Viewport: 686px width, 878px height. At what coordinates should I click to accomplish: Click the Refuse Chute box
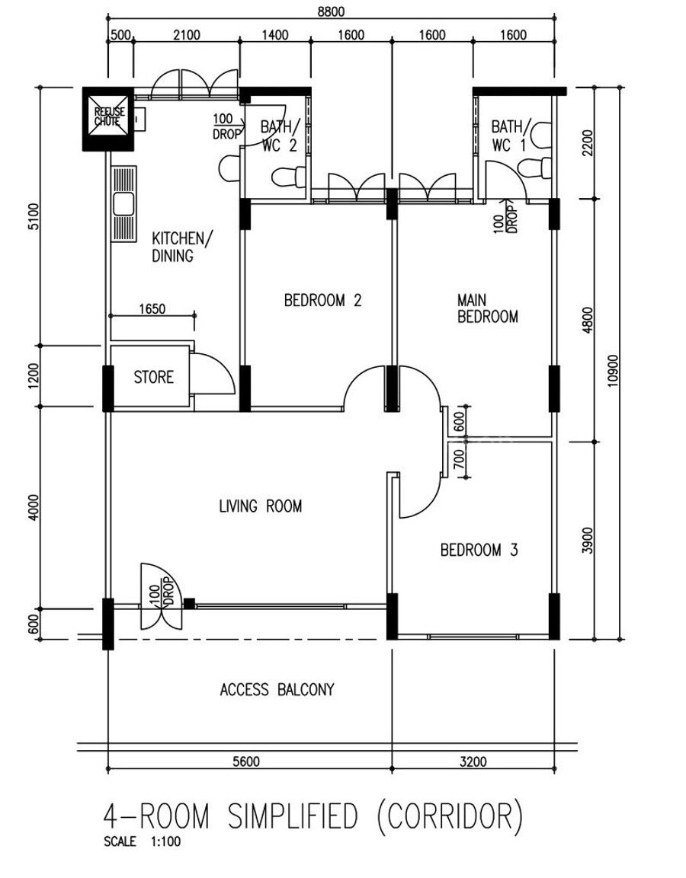[108, 120]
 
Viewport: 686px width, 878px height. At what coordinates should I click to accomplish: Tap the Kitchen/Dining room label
[182, 247]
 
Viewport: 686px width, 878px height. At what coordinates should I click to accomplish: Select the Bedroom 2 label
[323, 301]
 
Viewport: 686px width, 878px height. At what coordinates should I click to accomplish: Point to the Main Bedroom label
[488, 308]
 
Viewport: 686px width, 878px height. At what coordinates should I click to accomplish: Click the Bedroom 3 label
[479, 550]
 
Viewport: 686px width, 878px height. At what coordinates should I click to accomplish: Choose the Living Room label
[261, 506]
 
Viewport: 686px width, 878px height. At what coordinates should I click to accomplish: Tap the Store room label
[153, 377]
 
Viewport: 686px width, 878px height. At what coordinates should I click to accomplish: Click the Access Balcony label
[277, 689]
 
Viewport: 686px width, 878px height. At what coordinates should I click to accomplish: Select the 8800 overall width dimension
[332, 11]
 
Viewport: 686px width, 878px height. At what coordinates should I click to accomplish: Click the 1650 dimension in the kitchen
[152, 309]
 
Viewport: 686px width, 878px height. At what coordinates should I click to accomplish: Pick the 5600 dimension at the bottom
[246, 761]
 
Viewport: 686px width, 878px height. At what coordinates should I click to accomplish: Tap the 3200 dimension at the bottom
[473, 761]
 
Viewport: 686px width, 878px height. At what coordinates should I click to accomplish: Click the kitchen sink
[123, 204]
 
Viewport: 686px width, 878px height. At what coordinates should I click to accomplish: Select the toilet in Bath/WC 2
[290, 177]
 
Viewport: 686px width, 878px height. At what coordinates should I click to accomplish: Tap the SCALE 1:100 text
[143, 841]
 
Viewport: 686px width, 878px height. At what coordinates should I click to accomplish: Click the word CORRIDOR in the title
[450, 816]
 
